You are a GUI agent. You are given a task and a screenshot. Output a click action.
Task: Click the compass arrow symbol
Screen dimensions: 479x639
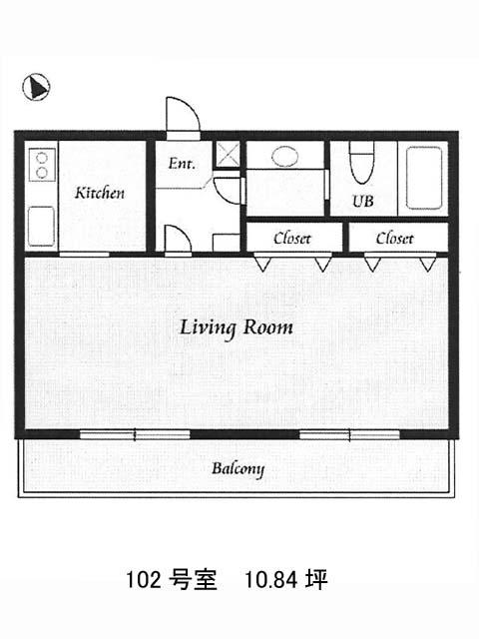point(36,87)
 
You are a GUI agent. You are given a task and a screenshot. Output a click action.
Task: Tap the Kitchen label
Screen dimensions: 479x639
point(100,193)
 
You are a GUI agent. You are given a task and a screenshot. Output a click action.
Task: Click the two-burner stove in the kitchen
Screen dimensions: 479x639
point(42,165)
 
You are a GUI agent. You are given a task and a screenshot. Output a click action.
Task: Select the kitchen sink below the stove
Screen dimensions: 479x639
point(41,227)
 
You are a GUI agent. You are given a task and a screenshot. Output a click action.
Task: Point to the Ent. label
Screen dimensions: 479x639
point(182,164)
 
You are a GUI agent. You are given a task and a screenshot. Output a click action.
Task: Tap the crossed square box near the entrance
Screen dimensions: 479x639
point(228,154)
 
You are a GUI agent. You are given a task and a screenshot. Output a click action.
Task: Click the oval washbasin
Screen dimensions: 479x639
point(284,156)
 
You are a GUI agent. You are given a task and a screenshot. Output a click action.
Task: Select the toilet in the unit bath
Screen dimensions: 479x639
point(361,162)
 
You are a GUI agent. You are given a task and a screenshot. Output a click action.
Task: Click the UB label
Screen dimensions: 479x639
point(362,201)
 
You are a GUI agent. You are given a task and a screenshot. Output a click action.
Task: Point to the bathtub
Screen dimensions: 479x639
point(424,178)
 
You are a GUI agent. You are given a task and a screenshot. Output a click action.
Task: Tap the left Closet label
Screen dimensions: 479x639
point(292,239)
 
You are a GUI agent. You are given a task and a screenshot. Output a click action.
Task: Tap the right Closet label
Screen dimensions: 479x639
point(394,239)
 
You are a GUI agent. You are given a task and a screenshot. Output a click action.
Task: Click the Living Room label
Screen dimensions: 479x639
point(237,328)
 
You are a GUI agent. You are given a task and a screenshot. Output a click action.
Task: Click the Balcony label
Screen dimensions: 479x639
point(238,469)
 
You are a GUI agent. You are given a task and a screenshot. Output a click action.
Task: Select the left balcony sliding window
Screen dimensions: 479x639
point(135,434)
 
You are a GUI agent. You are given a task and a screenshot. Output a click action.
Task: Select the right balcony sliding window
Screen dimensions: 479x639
point(349,434)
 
